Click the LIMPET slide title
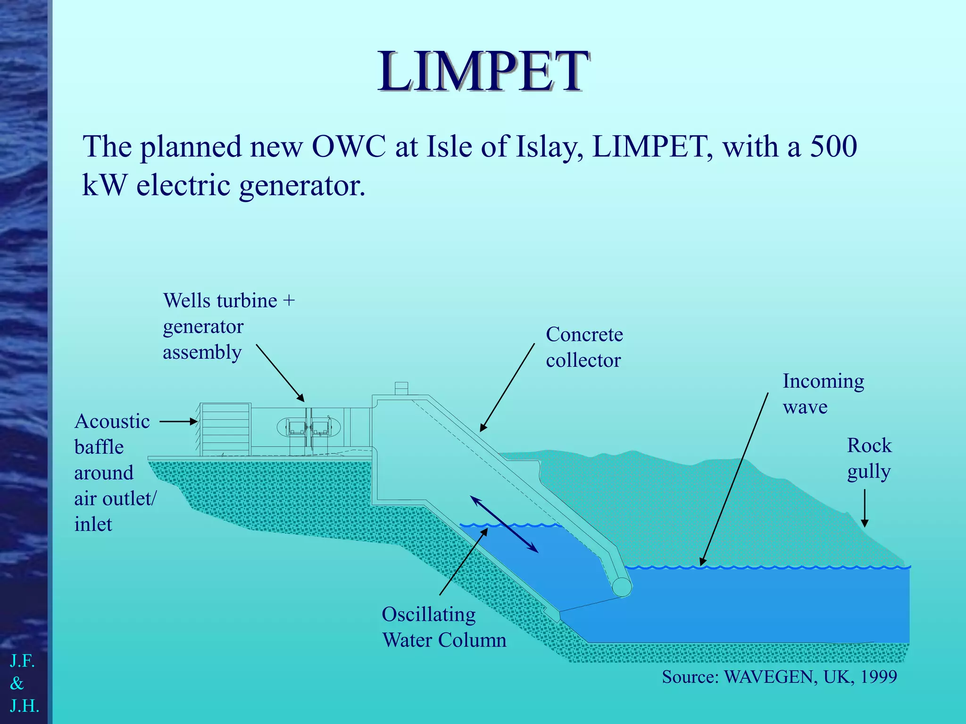tap(483, 72)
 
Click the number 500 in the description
tap(833, 147)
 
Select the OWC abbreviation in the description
tap(349, 147)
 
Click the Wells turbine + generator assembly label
tap(229, 326)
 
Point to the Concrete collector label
tap(584, 347)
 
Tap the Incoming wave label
tap(823, 394)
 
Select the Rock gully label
tap(869, 458)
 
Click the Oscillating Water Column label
tap(444, 627)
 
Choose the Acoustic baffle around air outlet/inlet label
tap(114, 472)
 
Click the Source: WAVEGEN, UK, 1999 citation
tap(779, 677)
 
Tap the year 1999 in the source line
tap(879, 677)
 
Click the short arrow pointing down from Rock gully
tap(865, 508)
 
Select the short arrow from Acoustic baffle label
tap(178, 421)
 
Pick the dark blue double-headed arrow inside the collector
tap(504, 524)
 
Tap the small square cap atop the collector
tap(401, 388)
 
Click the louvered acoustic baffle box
tap(225, 429)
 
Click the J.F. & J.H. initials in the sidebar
tap(24, 683)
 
